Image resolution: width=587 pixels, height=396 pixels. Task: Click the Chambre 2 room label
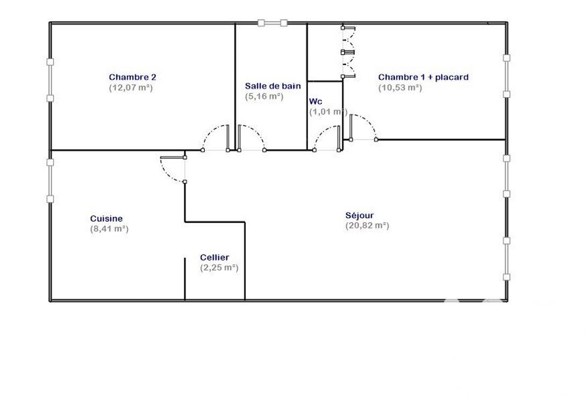[133, 77]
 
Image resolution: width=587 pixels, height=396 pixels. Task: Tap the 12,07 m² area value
[131, 88]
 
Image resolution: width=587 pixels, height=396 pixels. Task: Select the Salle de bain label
[273, 86]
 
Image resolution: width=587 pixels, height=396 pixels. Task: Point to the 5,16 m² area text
[264, 97]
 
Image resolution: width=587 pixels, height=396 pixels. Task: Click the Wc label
[316, 101]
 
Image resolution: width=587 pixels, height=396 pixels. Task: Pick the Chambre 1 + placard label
[423, 77]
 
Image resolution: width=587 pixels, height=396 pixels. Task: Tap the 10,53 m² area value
[400, 88]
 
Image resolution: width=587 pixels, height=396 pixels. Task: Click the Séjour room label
[360, 215]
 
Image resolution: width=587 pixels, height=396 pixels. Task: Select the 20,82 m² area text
[367, 226]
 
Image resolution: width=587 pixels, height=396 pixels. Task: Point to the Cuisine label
[106, 218]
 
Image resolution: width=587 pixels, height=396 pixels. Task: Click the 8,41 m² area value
[109, 229]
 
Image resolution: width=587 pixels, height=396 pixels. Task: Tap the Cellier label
[214, 258]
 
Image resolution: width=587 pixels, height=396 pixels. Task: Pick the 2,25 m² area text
[219, 267]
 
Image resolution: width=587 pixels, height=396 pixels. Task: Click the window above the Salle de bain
[273, 23]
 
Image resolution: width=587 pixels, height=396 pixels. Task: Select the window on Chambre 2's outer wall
[50, 80]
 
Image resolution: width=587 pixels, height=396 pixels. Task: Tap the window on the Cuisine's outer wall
[50, 181]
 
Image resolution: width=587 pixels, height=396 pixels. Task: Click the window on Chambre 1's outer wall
[506, 76]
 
